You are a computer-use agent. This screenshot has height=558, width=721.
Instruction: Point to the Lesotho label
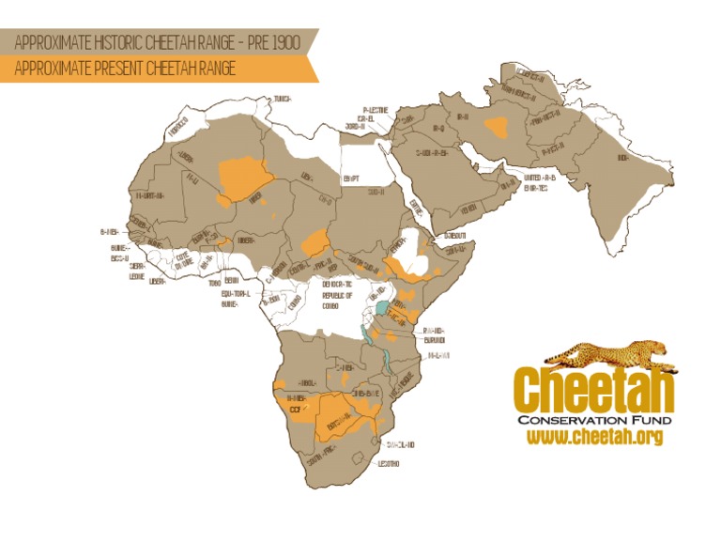coord(390,464)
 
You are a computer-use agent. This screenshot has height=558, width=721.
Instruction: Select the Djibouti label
coord(455,233)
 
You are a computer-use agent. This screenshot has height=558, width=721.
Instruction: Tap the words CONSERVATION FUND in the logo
coord(593,419)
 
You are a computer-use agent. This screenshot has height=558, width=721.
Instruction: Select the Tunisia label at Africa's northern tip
coord(282,98)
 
